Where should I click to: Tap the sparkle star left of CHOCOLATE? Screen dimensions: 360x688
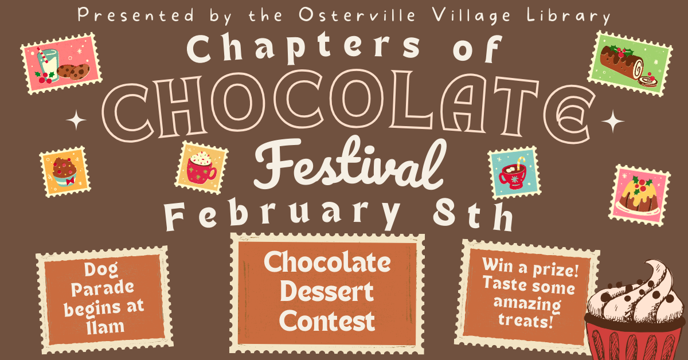[x=77, y=121]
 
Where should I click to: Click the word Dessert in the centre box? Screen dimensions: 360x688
[x=326, y=292]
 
